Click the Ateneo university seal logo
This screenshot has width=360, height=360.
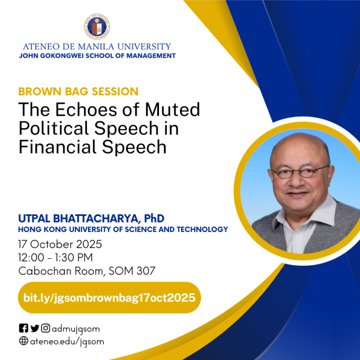click(97, 25)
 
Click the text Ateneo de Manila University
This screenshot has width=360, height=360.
click(97, 47)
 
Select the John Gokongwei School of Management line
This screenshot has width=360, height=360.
click(97, 56)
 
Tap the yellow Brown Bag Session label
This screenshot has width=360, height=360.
click(78, 91)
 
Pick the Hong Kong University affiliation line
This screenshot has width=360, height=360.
click(123, 229)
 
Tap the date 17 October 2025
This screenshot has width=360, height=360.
click(60, 244)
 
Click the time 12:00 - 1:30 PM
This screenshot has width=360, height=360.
click(55, 258)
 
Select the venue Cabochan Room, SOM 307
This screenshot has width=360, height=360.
click(86, 271)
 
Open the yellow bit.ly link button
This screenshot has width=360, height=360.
click(109, 297)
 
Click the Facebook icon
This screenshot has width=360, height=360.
click(23, 328)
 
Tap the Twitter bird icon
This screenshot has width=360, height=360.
click(34, 328)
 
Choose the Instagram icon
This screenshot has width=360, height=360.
click(45, 328)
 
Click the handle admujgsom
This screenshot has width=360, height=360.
click(76, 329)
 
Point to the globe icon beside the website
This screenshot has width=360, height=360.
click(23, 341)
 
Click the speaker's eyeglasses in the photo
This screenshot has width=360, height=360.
click(300, 172)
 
